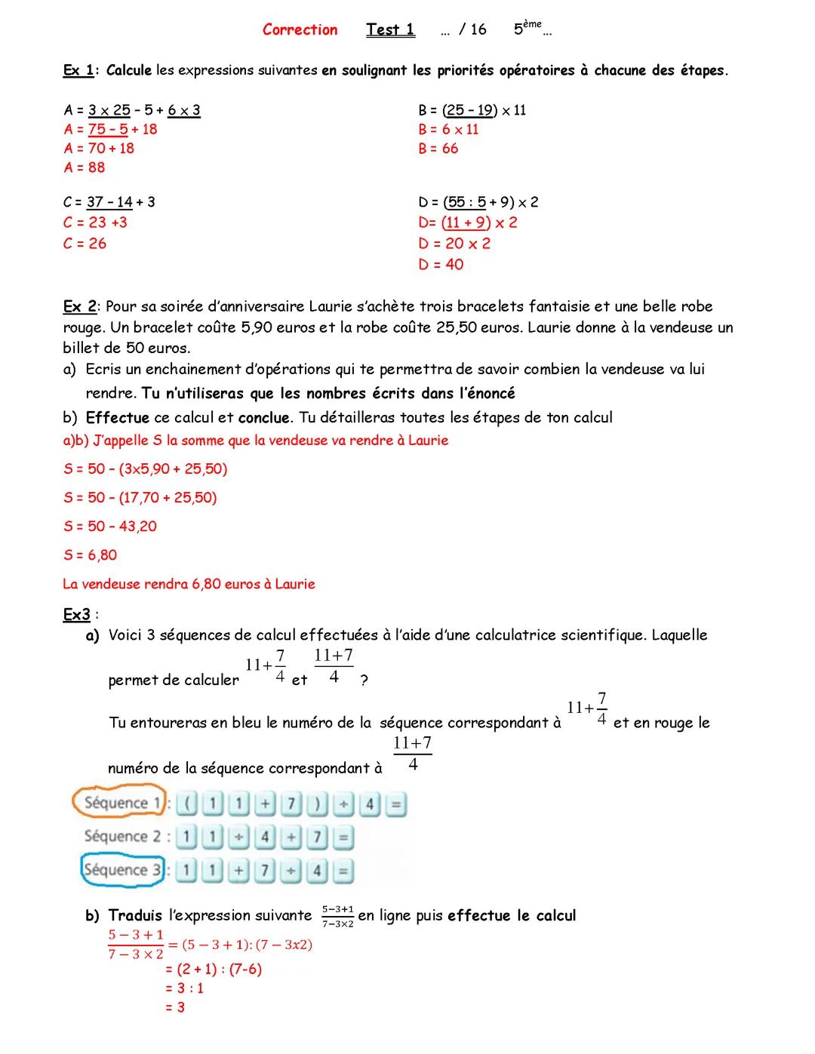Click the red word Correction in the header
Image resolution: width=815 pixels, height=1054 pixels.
click(x=300, y=30)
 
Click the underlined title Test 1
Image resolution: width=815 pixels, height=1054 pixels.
click(x=390, y=30)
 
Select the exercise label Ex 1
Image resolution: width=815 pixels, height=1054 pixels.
click(x=78, y=71)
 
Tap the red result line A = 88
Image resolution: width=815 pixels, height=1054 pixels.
click(x=85, y=167)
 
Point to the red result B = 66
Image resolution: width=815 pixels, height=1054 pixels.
click(x=438, y=149)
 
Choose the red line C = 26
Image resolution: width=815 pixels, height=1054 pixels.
click(x=85, y=244)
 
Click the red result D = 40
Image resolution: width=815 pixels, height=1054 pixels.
click(x=441, y=265)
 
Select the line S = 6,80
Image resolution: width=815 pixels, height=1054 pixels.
click(x=91, y=555)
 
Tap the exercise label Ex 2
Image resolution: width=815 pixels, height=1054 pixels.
click(x=79, y=306)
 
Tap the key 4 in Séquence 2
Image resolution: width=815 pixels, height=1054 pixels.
click(x=264, y=837)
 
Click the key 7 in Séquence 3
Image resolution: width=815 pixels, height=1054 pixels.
click(x=264, y=871)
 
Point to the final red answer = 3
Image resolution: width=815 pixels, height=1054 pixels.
click(x=175, y=1007)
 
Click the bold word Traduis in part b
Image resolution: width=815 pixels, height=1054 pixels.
click(x=135, y=916)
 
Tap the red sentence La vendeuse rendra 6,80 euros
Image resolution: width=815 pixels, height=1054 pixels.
click(x=189, y=584)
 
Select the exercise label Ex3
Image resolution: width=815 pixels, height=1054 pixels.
click(x=77, y=615)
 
